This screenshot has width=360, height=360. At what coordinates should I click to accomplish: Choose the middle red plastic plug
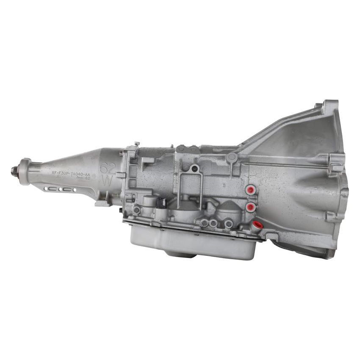[250, 207]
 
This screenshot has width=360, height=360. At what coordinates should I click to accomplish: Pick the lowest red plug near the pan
[257, 225]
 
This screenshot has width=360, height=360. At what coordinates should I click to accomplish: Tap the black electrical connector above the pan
[161, 203]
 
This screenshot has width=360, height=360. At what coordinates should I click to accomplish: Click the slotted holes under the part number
[61, 189]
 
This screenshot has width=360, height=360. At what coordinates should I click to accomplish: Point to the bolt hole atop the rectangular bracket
[194, 169]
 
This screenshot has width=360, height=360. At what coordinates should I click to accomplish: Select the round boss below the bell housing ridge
[231, 158]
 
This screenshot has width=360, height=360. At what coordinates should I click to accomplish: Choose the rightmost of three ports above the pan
[229, 223]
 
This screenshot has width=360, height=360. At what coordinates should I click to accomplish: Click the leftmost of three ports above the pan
[205, 223]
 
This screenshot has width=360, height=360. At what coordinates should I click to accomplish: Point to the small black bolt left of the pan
[121, 210]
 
